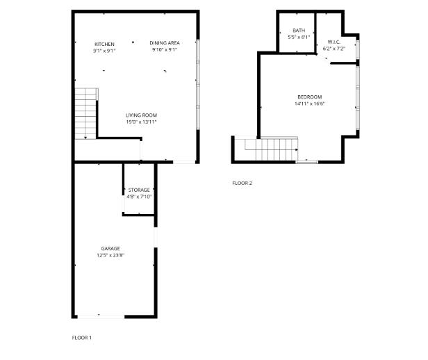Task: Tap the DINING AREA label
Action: [x=164, y=43]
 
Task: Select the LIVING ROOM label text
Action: [x=141, y=115]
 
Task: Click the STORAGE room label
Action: [x=139, y=190]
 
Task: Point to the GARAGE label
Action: [x=110, y=248]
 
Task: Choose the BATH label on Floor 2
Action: [x=298, y=30]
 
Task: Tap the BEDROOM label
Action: [x=309, y=97]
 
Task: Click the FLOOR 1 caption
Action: [x=82, y=338]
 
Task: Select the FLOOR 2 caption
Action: [x=242, y=183]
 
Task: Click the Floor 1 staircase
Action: [x=84, y=113]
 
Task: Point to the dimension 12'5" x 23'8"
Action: [x=110, y=255]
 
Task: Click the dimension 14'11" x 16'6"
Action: [x=309, y=104]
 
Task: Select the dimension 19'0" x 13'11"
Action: [x=141, y=122]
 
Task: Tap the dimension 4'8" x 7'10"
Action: [x=139, y=197]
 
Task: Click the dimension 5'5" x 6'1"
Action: [x=298, y=37]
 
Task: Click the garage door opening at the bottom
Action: [x=100, y=316]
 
